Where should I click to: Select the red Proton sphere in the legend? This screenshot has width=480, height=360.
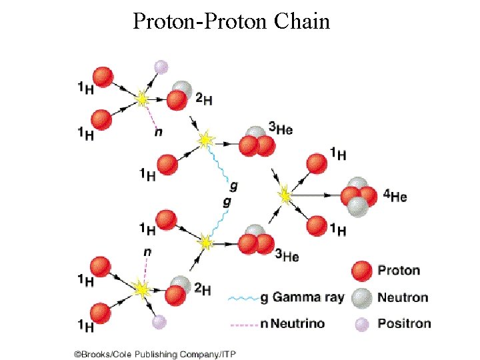point(361,271)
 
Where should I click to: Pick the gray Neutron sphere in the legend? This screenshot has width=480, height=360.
point(361,297)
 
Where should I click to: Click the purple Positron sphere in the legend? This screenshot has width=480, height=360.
point(361,324)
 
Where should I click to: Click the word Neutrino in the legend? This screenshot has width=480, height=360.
point(299,324)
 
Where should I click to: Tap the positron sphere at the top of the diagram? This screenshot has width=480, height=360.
point(161,67)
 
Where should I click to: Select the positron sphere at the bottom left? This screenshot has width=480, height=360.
point(158,322)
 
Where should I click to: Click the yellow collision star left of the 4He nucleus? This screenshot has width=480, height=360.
point(285,196)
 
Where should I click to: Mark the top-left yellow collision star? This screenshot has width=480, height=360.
point(142,99)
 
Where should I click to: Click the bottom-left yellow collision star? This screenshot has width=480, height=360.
point(141,289)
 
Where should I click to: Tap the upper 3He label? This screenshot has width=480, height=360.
point(281,129)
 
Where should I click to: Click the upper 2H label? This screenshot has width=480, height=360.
point(203,100)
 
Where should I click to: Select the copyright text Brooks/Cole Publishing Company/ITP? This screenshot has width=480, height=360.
point(155,353)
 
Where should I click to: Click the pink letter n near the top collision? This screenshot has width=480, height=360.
point(158,132)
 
